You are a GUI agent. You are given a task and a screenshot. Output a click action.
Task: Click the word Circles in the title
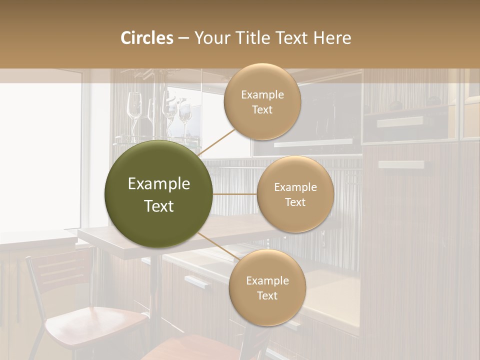146,37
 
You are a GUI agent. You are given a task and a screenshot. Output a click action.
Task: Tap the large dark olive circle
158,194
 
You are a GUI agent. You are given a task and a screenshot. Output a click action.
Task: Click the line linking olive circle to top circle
217,142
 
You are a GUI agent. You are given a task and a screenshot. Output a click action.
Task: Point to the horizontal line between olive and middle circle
234,193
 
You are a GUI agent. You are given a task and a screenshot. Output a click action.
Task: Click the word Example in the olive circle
158,184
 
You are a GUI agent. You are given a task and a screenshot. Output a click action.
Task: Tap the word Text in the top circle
262,110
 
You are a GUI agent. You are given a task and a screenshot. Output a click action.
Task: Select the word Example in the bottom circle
267,281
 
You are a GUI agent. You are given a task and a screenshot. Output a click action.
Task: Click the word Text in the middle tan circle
295,202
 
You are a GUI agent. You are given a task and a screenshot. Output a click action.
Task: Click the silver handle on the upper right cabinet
400,121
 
